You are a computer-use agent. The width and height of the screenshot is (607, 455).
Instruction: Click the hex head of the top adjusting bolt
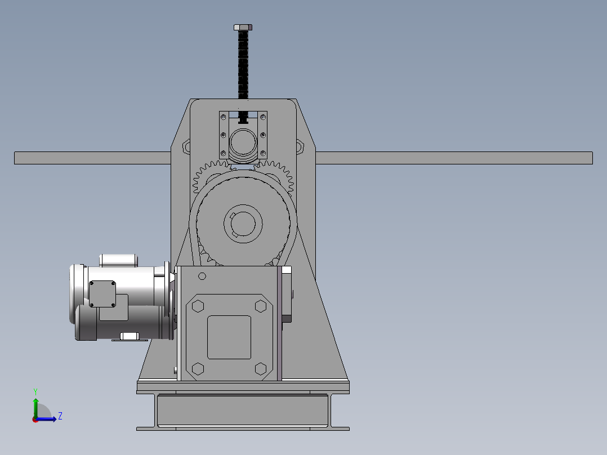click(x=243, y=27)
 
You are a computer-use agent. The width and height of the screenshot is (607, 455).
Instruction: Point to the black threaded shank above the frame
click(x=243, y=64)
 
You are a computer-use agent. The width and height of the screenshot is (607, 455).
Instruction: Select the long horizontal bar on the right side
click(x=454, y=158)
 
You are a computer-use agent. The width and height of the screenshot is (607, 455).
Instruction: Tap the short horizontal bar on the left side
click(x=92, y=158)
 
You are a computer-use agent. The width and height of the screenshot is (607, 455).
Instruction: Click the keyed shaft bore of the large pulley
click(x=243, y=224)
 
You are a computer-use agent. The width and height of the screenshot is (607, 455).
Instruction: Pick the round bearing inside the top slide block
click(x=243, y=142)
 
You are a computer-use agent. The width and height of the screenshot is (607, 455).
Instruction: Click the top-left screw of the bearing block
click(x=224, y=117)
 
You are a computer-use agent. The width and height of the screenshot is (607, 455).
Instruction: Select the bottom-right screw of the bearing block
click(x=263, y=153)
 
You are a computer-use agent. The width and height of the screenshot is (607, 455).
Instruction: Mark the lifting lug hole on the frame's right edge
click(x=299, y=147)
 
